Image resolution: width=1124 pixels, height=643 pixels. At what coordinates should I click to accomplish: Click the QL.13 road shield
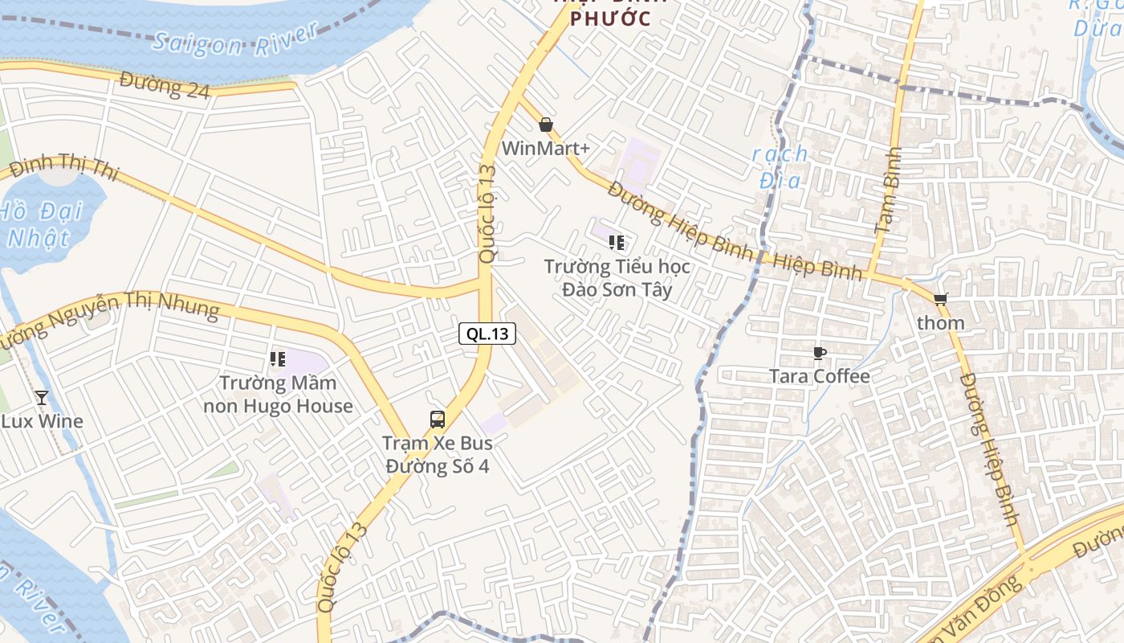pos(487,334)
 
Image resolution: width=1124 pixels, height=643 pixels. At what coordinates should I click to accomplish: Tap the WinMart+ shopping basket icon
pos(546,125)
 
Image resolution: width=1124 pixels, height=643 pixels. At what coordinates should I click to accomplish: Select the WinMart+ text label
pos(546,149)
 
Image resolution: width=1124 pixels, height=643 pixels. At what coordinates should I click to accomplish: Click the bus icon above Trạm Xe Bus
pos(438,419)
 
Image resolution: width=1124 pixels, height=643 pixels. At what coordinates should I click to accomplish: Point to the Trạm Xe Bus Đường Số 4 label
pos(438,454)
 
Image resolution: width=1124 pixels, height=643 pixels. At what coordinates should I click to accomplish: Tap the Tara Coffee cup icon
pos(819,353)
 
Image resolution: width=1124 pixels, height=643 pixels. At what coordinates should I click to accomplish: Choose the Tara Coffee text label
pos(819,376)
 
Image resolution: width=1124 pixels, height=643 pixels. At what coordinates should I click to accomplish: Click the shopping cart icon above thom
pos(940,299)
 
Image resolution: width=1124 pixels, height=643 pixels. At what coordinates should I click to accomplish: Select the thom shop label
pos(940,323)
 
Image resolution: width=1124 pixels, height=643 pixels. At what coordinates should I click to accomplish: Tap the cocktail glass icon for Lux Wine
pos(42,397)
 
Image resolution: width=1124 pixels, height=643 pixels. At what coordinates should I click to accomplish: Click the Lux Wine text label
pos(42,421)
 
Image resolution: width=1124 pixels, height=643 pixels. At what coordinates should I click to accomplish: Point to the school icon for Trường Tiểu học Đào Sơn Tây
pos(617,243)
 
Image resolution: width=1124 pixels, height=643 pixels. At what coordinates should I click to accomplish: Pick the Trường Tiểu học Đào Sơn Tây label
pos(617,278)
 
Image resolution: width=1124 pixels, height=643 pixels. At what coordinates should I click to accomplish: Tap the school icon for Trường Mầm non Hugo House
pos(278,359)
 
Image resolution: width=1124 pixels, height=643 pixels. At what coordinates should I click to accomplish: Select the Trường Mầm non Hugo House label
pos(278,394)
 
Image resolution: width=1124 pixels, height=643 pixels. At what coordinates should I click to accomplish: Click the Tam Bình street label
pos(888,190)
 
